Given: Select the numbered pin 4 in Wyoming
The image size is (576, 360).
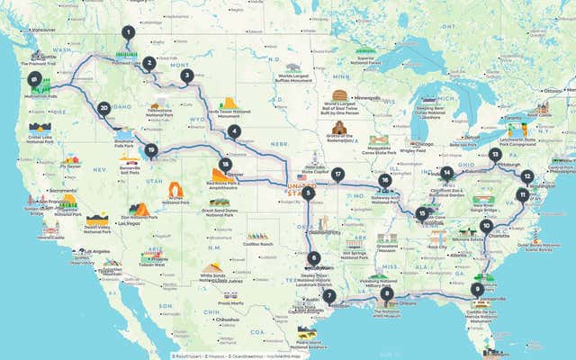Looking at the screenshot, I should pos(235,131).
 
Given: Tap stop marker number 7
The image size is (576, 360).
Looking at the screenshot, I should pos(329,296).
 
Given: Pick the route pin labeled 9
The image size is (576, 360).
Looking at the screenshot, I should pos(476,289).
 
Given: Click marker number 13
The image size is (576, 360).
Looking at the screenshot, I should pos(495,155).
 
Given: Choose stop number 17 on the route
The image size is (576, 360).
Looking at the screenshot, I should pos(337,175).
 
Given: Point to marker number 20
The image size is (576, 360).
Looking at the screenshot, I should pos(104,108).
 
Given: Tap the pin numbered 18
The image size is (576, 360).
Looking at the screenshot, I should pos(224,165).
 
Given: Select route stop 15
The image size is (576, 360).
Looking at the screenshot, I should pos(421,213).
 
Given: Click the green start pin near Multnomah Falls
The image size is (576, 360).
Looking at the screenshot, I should pos(34,80).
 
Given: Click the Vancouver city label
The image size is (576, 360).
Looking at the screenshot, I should pos(42,31).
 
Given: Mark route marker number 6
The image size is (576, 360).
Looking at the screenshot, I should pos(314,259).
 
